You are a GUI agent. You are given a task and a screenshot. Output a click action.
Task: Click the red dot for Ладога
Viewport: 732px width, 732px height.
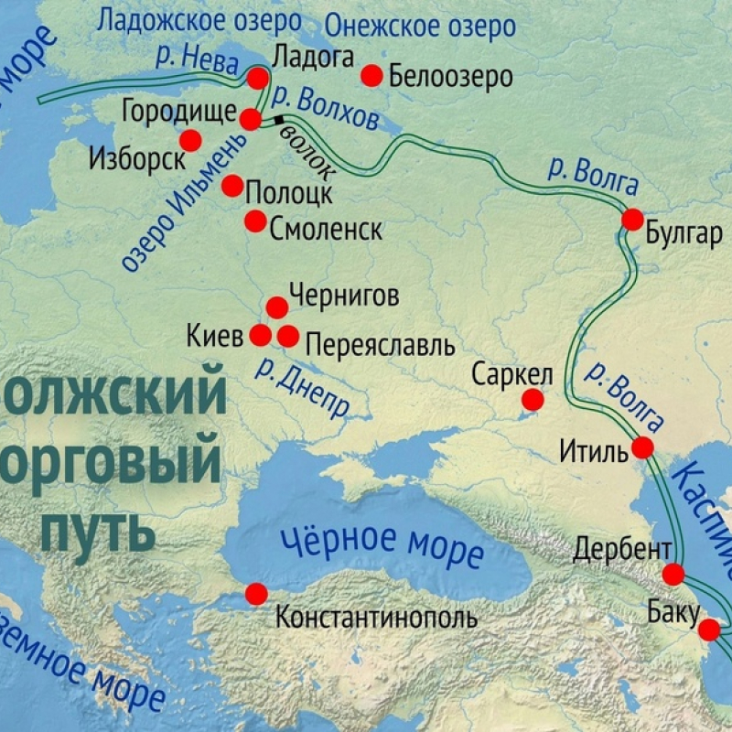[x=259, y=78]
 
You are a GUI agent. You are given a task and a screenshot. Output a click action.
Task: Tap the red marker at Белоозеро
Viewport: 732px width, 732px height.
[x=371, y=76]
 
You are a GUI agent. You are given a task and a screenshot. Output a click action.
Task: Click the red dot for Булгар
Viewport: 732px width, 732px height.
[x=632, y=220]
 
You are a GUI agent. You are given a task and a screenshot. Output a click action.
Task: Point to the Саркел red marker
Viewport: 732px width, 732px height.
[x=533, y=400]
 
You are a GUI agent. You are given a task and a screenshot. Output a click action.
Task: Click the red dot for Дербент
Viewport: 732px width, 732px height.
[x=673, y=575]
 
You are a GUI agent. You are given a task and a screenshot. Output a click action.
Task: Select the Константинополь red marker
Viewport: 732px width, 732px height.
[x=256, y=594]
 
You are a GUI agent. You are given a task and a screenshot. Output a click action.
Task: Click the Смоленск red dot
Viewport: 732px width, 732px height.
[x=255, y=221]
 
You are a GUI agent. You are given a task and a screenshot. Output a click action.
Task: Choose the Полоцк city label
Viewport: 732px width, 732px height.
[x=290, y=193]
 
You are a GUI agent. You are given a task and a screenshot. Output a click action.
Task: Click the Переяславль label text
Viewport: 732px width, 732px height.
[x=379, y=345]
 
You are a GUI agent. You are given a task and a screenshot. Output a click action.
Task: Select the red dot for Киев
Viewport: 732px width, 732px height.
[x=261, y=335]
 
